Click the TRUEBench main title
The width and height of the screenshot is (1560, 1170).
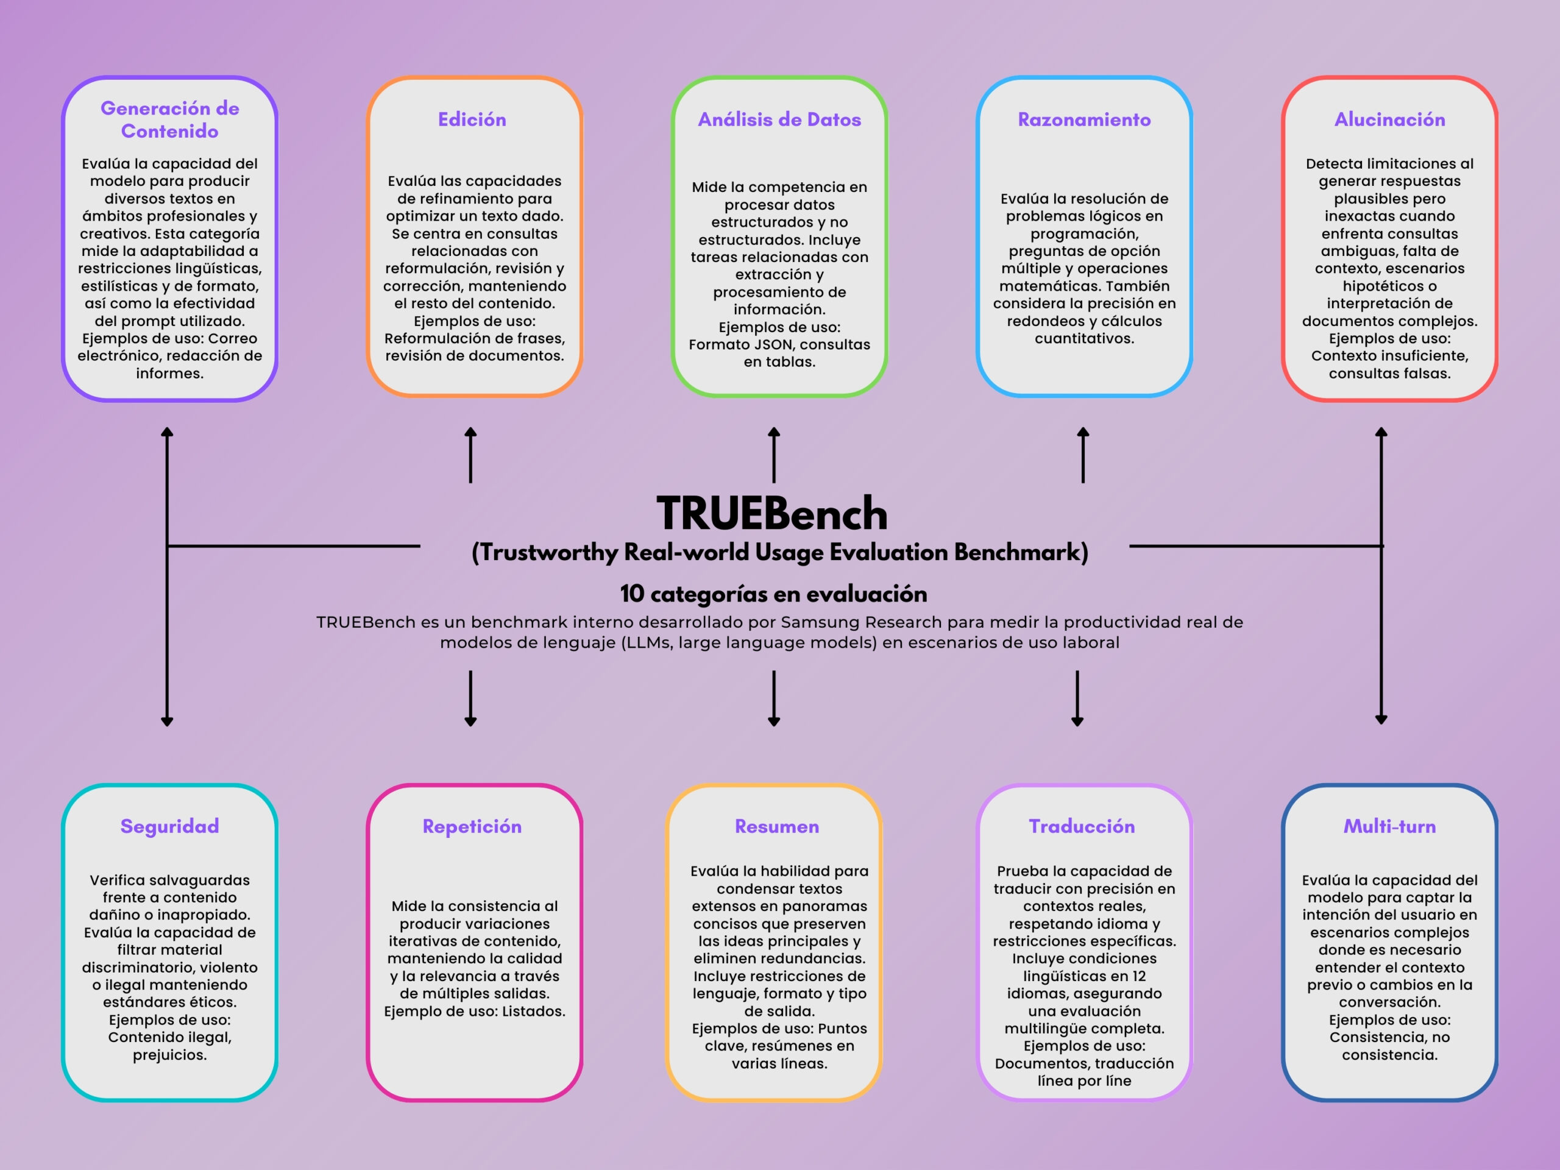tap(772, 514)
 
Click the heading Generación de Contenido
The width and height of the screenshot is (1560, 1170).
tap(169, 119)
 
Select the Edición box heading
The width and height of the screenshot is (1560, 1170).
tap(472, 119)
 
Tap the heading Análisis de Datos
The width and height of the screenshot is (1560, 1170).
tap(779, 119)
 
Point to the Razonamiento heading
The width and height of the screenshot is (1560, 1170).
tap(1084, 119)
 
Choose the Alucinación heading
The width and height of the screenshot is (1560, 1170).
tap(1389, 119)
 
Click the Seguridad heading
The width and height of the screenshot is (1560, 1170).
tap(169, 826)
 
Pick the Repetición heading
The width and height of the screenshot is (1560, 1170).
tap(472, 826)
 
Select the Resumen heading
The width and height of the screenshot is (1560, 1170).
tap(776, 826)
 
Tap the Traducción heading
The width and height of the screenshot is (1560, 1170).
tap(1082, 826)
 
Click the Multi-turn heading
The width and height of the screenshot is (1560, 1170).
tap(1389, 826)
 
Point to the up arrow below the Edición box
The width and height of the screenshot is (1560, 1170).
tap(470, 455)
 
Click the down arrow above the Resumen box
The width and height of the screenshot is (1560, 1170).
tap(774, 698)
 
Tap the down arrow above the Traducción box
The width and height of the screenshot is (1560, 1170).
tap(1077, 698)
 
